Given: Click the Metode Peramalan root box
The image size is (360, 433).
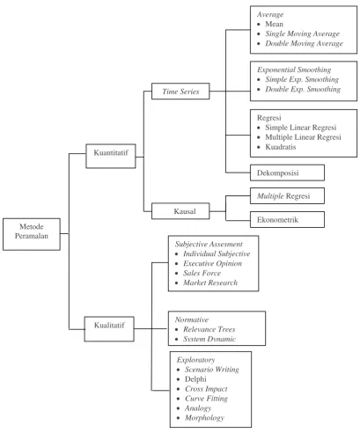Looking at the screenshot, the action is pos(32,234).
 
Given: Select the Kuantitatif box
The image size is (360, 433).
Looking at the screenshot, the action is pos(111,156).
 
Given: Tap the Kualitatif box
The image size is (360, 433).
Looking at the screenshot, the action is pos(109,329).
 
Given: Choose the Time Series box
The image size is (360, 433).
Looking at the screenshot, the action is pos(180,92).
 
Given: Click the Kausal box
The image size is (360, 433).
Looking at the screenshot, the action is pos(180,211).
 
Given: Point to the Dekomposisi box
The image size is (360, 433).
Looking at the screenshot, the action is pos(287,172).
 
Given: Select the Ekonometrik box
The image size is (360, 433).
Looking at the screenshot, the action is pos(287,219).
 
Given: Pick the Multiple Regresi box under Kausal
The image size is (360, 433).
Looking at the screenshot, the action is pos(287,195).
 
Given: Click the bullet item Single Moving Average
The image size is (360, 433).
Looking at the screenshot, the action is pos(303,33).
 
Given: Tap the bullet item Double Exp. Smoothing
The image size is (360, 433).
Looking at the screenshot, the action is pos(303,89).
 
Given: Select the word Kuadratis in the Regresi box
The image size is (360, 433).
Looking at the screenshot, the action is pos(281,147).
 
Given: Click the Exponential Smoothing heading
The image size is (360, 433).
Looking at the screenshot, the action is pos(294,70).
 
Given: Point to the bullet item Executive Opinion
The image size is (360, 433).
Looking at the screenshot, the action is pos(213,263).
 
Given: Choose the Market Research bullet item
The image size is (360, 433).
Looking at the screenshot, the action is pos(210,283).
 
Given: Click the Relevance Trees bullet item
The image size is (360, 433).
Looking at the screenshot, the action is pos(209,329).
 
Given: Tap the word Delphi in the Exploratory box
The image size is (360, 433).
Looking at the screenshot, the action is pos(195,379).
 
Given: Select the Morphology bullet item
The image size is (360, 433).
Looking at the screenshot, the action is pos(204,418).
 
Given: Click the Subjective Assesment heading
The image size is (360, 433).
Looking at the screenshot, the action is pos(209,244).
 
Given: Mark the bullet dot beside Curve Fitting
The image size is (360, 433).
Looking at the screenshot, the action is pos(179,399).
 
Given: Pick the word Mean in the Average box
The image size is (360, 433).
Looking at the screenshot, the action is pos(275,24).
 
